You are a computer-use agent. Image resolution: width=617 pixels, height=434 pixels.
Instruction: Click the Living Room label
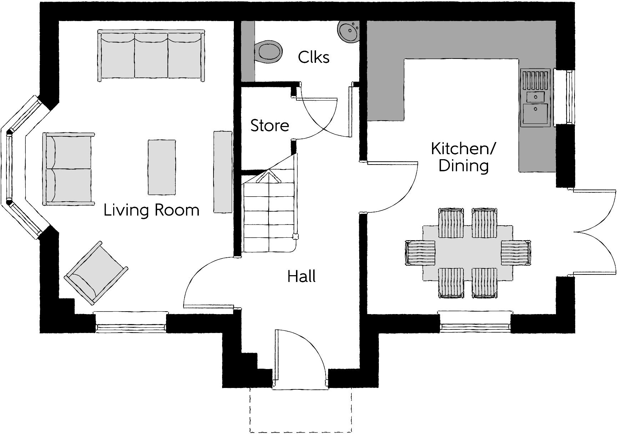click(151, 210)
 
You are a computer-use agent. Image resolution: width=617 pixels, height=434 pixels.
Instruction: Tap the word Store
click(270, 126)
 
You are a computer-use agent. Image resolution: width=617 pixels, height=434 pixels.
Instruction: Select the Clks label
click(313, 57)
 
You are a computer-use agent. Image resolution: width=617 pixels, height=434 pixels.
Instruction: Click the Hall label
click(301, 277)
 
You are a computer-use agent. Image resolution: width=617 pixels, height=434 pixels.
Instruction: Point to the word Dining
click(463, 166)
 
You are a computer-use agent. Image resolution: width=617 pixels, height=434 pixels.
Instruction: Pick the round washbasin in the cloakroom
click(349, 31)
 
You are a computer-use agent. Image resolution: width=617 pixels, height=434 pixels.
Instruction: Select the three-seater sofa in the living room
click(151, 56)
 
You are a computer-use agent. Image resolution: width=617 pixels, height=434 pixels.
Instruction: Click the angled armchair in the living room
click(96, 273)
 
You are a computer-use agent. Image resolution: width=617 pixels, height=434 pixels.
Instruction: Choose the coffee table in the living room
click(162, 167)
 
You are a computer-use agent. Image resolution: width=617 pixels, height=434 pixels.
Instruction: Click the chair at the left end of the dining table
click(420, 253)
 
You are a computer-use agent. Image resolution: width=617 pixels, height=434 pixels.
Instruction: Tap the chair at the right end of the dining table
click(516, 253)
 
